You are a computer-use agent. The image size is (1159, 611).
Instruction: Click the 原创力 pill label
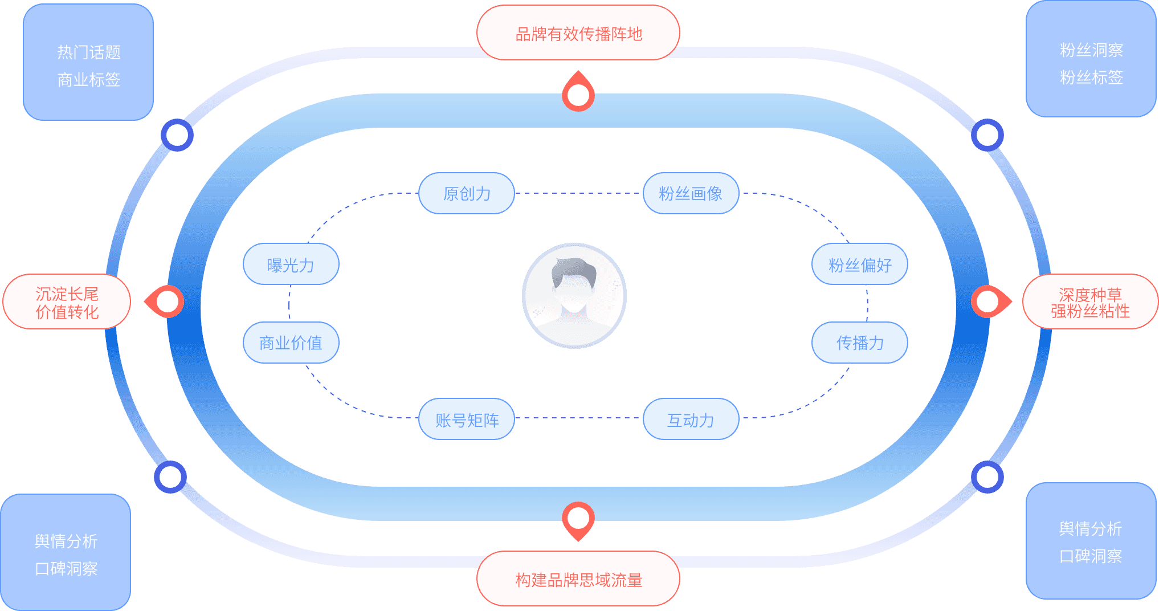(467, 194)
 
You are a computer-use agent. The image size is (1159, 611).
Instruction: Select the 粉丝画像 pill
(691, 194)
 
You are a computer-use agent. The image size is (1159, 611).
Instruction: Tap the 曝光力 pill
(291, 264)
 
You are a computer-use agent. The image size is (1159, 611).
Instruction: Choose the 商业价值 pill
(291, 343)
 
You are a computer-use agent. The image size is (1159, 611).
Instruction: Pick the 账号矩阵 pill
(467, 419)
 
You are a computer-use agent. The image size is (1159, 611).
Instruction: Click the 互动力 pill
(691, 419)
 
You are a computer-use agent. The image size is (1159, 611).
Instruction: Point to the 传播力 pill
(859, 343)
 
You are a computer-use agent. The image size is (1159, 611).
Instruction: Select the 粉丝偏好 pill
(859, 264)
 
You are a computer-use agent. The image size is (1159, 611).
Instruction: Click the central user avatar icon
(574, 296)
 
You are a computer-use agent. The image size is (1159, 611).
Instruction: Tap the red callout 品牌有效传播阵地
(578, 33)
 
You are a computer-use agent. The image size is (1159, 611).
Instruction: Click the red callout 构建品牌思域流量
(578, 579)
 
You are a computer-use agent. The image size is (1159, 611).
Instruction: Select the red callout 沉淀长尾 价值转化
(67, 302)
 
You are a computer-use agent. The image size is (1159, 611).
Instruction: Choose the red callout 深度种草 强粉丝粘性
(1090, 302)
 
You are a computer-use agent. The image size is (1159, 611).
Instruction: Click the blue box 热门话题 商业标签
(88, 63)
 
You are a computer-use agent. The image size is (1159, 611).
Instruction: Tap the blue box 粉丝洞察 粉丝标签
(1091, 60)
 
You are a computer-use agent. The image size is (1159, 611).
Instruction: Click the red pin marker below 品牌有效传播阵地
(578, 94)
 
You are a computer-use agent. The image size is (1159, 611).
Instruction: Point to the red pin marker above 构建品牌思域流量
(578, 519)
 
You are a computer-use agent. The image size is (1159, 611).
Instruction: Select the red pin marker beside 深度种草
(989, 302)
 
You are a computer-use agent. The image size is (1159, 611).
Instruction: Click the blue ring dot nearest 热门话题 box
(177, 135)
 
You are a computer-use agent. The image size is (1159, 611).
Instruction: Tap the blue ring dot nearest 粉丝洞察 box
(987, 135)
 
